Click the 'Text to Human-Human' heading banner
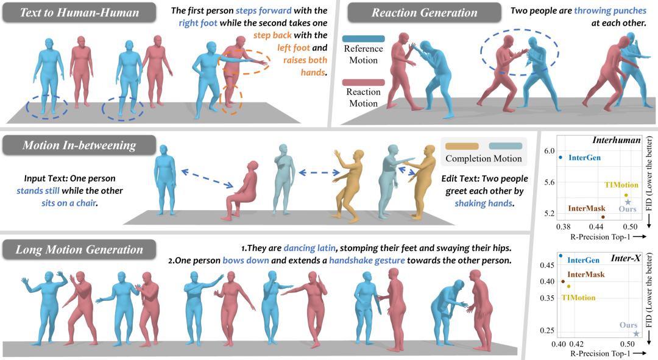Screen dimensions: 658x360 pos(79,13)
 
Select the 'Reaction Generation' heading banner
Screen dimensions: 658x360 pos(424,13)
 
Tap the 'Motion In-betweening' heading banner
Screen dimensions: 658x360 pos(79,145)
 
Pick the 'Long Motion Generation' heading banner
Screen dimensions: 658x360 pos(79,249)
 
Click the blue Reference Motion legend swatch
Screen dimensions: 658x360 pos(363,38)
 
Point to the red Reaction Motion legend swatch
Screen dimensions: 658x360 pos(363,82)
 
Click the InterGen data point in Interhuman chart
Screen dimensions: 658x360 pos(561,158)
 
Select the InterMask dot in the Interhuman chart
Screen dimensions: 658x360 pos(603,217)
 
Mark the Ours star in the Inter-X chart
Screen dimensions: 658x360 pos(636,334)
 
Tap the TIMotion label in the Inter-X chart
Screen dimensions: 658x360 pos(579,297)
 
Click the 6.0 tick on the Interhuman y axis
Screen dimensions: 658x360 pos(550,150)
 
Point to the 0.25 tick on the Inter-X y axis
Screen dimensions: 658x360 pos(547,331)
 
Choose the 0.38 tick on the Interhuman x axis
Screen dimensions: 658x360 pos(563,227)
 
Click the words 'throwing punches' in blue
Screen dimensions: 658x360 pos(610,10)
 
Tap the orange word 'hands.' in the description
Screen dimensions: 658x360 pos(314,72)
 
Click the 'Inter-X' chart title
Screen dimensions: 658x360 pos(626,258)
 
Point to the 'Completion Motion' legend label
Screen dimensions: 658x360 pos(484,158)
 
